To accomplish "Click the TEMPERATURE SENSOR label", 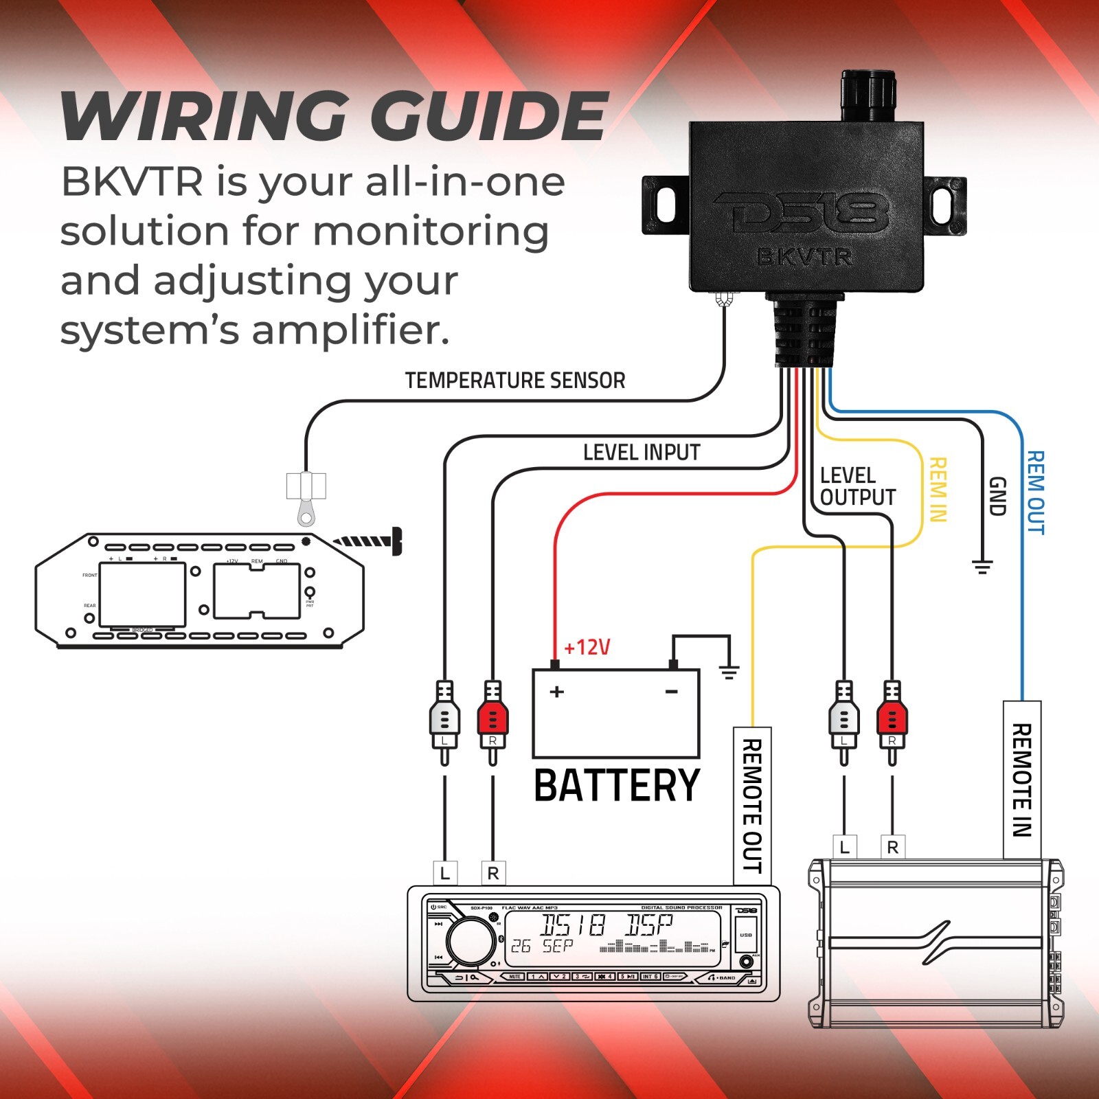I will tap(515, 380).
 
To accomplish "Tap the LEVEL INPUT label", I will tap(642, 452).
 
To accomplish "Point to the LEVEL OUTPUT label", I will tap(858, 486).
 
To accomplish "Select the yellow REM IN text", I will tap(938, 489).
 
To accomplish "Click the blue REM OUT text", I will tap(1035, 492).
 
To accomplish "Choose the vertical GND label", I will tap(997, 496).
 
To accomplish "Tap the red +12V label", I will tap(587, 647).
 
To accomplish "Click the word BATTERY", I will tap(617, 786).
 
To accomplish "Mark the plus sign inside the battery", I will tap(557, 691).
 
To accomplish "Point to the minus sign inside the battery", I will tap(672, 691).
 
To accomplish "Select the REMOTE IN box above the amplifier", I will tap(1022, 780).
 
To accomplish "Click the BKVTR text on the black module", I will tap(804, 257).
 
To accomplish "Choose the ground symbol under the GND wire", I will tap(982, 567).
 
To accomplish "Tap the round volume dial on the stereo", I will tap(471, 941).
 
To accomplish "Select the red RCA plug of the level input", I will tap(492, 721).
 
